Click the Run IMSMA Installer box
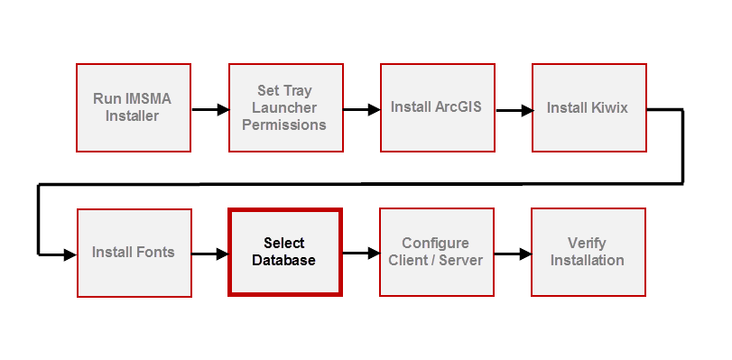pos(133,107)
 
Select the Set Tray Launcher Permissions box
pos(284,107)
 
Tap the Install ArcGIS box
pos(436,107)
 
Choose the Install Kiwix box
pos(588,107)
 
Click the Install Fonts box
pos(133,253)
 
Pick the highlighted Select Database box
pos(284,253)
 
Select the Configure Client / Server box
pos(436,253)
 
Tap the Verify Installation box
pos(588,253)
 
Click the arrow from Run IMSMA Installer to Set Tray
pos(209,110)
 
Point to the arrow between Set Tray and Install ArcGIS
pos(361,110)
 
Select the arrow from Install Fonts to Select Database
pos(209,254)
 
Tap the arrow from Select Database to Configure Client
pos(361,254)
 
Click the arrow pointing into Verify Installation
pos(513,254)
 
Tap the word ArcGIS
pos(458,107)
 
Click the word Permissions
pos(284,125)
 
